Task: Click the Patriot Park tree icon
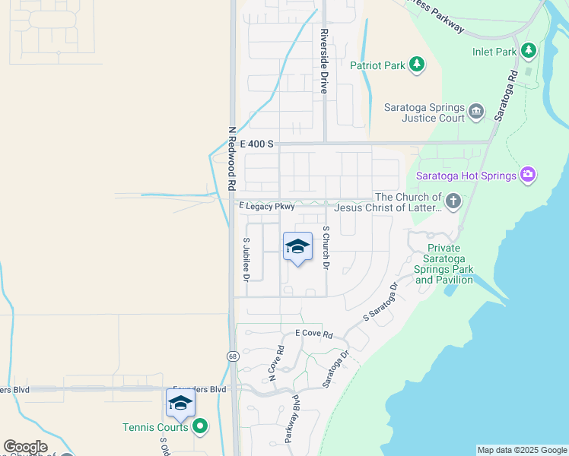coord(416,65)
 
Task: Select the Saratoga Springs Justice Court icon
coord(476,112)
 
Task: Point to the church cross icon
coord(453,201)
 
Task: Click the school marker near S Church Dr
coord(297,247)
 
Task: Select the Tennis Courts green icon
coord(200,426)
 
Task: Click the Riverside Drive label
coord(324,61)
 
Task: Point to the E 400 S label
coord(256,143)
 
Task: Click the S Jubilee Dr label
coord(246,260)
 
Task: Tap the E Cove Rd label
coord(314,334)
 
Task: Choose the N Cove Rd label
coord(275,363)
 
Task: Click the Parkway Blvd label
coord(292,417)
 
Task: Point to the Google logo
coord(25,447)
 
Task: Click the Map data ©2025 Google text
coord(521,450)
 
